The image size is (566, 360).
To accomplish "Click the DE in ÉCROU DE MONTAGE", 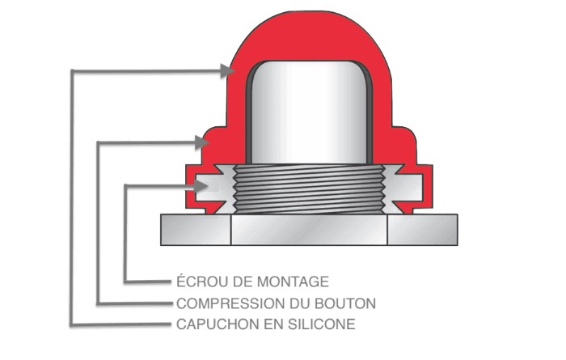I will (238, 282).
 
